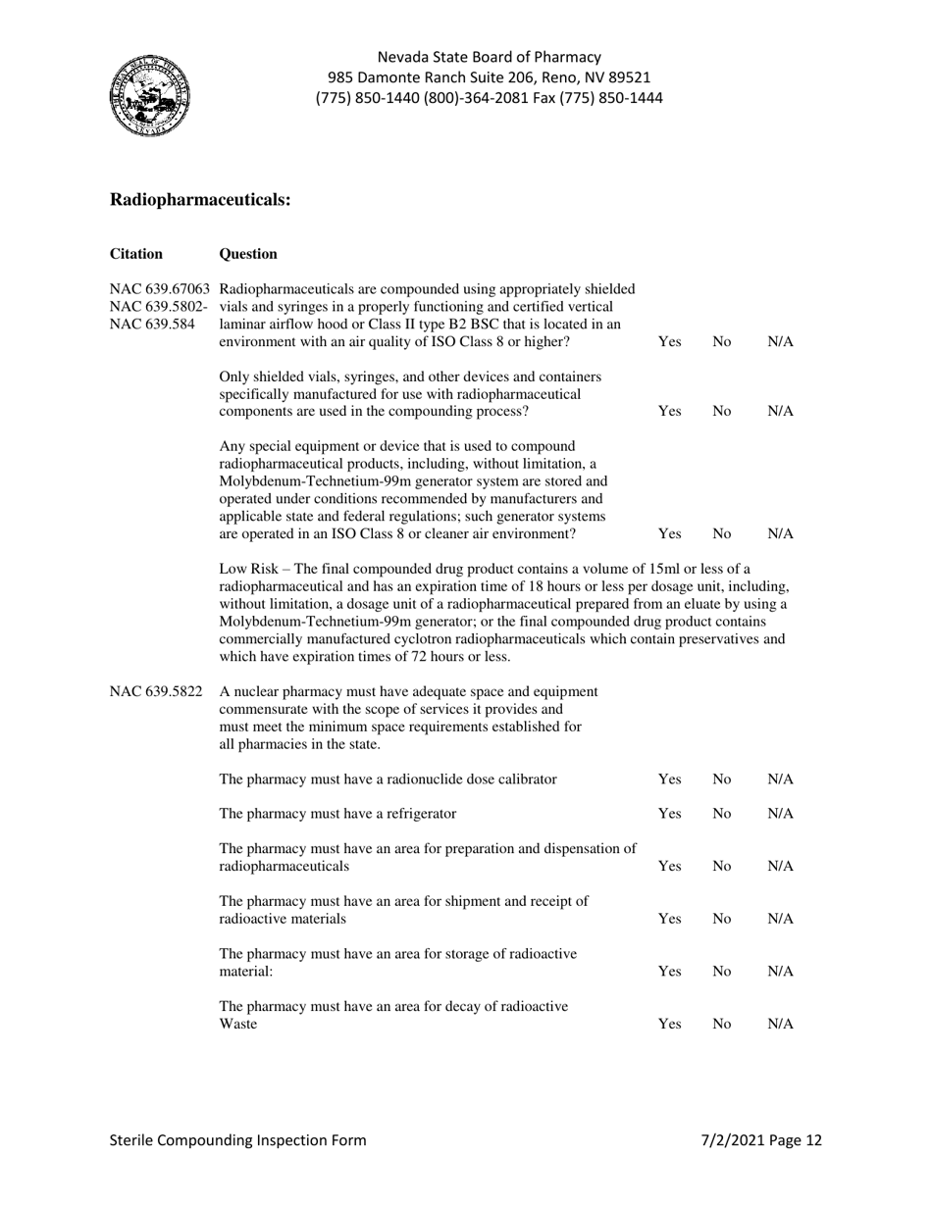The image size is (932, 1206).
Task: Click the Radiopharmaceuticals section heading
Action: [200, 199]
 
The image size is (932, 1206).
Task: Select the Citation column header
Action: [136, 254]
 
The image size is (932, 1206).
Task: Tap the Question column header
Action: [248, 254]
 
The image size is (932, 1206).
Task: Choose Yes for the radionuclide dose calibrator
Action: [669, 779]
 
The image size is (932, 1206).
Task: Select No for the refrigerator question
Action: [721, 814]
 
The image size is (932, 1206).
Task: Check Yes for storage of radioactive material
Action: [669, 971]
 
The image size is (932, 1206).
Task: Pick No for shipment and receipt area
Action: [721, 919]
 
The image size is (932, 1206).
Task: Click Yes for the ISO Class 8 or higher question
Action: [669, 342]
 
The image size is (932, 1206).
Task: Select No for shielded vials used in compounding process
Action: [721, 412]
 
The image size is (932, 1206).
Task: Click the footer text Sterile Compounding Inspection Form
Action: [238, 1140]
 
